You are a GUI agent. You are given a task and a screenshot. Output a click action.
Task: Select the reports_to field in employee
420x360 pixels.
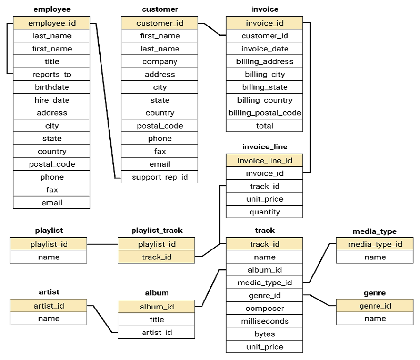click(51, 74)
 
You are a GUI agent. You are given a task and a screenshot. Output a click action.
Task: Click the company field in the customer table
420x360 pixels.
click(160, 61)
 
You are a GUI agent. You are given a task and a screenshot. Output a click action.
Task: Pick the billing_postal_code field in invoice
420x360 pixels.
click(264, 113)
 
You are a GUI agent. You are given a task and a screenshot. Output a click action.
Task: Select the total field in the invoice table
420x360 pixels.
click(264, 126)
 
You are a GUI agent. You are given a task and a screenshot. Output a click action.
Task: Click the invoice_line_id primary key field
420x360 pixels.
click(264, 161)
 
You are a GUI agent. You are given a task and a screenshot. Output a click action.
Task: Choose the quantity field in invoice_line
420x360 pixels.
click(264, 212)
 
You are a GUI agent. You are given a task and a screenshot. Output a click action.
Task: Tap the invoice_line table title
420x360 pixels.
click(264, 147)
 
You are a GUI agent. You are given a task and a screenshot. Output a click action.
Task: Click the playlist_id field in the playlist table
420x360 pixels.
click(49, 244)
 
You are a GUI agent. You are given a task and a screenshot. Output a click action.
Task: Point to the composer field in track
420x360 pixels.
click(264, 309)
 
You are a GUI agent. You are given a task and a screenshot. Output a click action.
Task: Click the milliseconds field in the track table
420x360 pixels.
click(264, 321)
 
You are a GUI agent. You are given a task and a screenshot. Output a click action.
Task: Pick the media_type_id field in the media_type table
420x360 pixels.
click(375, 244)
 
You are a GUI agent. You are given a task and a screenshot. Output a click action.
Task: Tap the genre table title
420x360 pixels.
click(375, 293)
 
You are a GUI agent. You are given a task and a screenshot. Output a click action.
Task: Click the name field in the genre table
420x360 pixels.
click(375, 318)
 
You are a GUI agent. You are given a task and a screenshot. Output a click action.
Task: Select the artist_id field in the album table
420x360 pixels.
click(157, 333)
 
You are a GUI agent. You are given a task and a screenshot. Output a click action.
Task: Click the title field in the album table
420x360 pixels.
click(157, 320)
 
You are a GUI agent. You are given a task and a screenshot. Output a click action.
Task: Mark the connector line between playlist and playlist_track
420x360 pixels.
click(102, 244)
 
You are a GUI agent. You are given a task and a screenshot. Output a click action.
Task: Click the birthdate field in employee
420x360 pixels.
click(51, 87)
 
